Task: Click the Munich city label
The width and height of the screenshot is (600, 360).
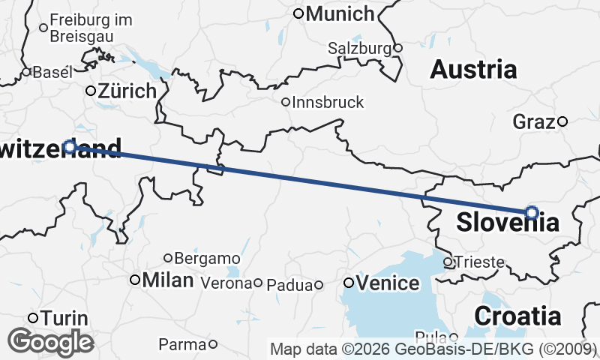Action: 339,13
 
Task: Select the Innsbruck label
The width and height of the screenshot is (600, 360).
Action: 328,102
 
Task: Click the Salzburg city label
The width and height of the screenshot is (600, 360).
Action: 360,48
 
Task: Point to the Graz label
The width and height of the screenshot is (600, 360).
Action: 533,121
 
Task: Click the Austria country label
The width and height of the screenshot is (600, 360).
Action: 473,70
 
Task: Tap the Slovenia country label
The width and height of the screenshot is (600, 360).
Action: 508,223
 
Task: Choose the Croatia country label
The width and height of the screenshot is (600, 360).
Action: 517,315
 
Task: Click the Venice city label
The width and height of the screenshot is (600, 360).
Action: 387,283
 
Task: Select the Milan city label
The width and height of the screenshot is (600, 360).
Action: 167,280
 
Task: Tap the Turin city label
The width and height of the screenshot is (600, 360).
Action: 64,318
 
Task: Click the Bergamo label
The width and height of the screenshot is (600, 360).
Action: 207,259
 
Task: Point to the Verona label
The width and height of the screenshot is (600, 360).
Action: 225,283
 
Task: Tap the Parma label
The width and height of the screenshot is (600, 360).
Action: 182,344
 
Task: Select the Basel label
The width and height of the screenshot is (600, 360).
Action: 52,73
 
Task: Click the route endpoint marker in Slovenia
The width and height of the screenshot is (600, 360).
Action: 532,212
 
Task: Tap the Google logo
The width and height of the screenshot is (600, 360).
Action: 50,341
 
